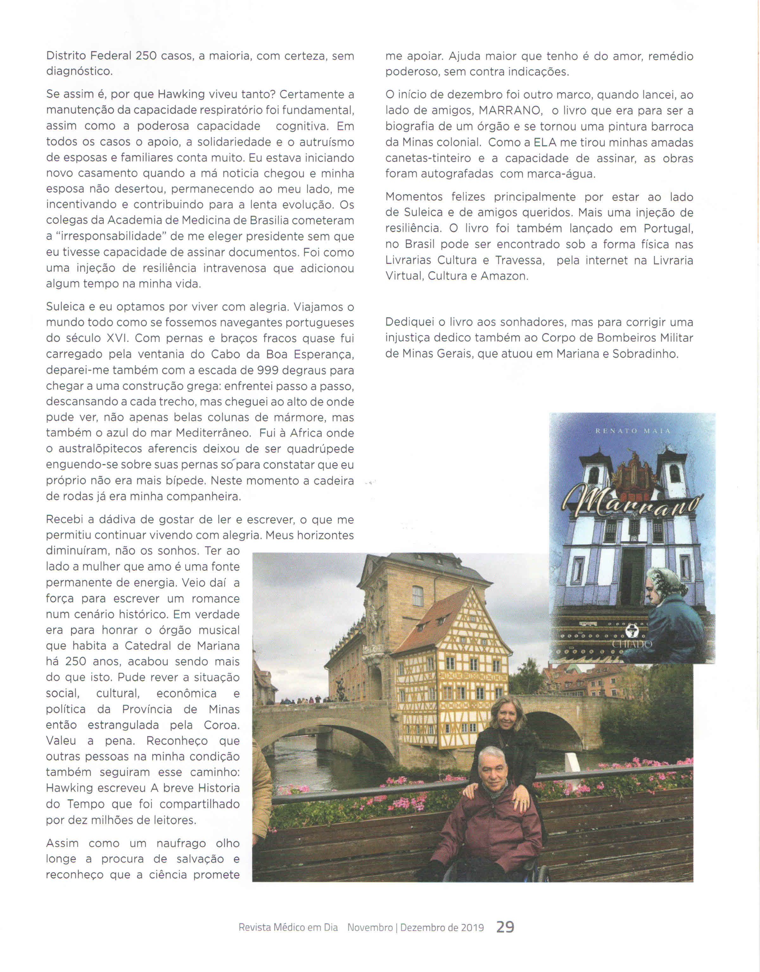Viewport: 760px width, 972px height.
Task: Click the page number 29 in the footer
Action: pyautogui.click(x=505, y=927)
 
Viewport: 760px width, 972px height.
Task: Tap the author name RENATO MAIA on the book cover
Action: pyautogui.click(x=633, y=431)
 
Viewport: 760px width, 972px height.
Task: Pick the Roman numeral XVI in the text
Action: pyautogui.click(x=117, y=338)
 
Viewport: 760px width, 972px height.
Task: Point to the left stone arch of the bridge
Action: pyautogui.click(x=329, y=739)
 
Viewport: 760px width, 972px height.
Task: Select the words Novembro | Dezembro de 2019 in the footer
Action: pyautogui.click(x=415, y=928)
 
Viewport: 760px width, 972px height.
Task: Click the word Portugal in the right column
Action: pyautogui.click(x=668, y=228)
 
